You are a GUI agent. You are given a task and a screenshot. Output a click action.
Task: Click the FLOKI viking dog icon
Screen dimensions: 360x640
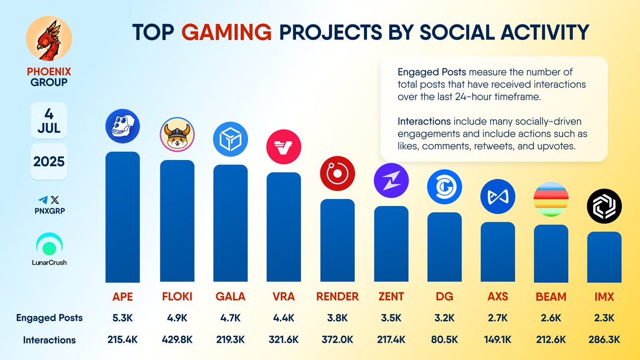point(177,135)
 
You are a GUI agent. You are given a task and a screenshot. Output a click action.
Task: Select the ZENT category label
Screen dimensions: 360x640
point(391,297)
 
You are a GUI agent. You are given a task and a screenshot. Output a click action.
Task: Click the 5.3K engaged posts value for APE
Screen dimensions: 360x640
point(123,318)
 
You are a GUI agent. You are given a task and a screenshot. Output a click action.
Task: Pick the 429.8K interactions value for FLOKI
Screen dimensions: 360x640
point(177,340)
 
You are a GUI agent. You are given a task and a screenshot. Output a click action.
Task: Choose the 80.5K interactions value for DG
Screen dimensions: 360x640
point(444,340)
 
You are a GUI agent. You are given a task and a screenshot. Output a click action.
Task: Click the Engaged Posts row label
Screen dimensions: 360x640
point(49,318)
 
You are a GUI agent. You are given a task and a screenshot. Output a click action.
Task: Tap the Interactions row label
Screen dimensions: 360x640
point(49,340)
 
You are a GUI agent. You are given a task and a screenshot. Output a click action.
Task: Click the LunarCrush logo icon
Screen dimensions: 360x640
point(49,245)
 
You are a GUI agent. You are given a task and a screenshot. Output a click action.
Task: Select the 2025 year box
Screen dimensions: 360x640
point(49,161)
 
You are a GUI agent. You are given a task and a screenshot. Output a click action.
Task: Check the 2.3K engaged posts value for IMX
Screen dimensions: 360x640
point(604,318)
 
